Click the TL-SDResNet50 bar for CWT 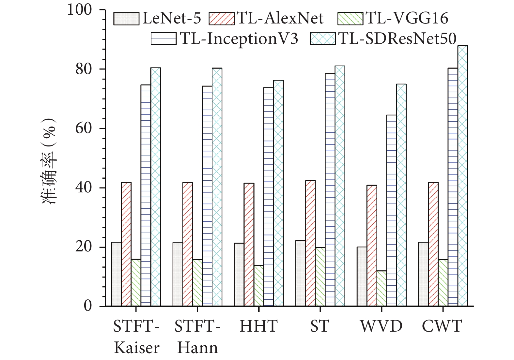tap(462, 176)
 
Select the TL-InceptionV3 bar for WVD tap(391, 211)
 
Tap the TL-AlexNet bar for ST tap(310, 243)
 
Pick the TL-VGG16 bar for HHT tap(259, 286)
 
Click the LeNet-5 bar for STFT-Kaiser tap(116, 274)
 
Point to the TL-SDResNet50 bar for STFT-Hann tap(217, 187)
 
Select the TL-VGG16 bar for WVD tap(382, 289)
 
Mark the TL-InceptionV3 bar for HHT tap(269, 197)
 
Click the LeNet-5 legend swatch tap(126, 19)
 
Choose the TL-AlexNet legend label tap(280, 18)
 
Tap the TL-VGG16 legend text tap(407, 18)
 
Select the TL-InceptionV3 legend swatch tap(164, 38)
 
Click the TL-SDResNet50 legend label tap(397, 38)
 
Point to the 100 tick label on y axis tap(80, 10)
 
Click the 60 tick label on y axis tap(84, 128)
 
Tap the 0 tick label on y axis tap(88, 306)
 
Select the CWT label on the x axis tap(442, 326)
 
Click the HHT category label tap(258, 326)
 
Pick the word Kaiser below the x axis tap(136, 348)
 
